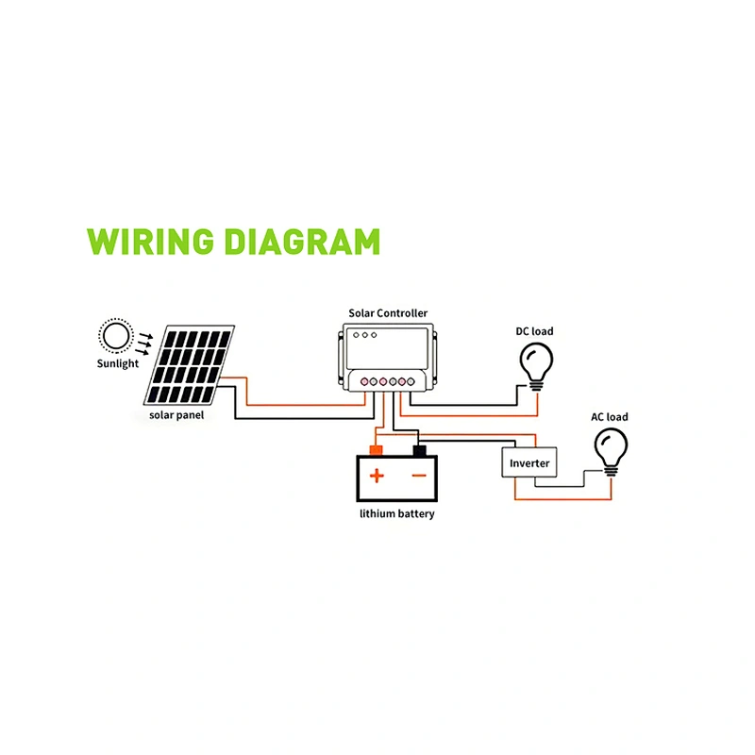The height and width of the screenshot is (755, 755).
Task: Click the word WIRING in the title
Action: (x=150, y=242)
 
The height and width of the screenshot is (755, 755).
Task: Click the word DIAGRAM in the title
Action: (x=302, y=242)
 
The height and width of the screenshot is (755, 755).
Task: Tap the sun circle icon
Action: (x=116, y=336)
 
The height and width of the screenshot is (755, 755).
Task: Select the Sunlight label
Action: (x=117, y=363)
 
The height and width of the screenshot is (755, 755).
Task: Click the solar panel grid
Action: (x=190, y=365)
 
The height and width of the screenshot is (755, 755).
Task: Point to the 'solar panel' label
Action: (x=176, y=415)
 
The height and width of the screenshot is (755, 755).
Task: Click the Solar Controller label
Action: (x=388, y=313)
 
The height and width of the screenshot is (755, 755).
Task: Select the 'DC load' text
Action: (x=534, y=331)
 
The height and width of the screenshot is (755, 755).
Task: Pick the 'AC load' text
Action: (x=610, y=417)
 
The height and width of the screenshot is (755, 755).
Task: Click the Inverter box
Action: (x=529, y=462)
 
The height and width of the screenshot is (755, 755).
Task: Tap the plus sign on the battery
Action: (x=377, y=476)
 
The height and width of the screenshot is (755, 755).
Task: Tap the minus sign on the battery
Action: (x=419, y=476)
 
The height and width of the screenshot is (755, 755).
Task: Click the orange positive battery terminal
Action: (x=376, y=451)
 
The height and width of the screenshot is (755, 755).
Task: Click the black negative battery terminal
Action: (x=419, y=451)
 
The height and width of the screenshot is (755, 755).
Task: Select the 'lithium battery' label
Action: (x=396, y=513)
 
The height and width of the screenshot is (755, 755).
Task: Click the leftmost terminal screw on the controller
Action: (x=364, y=382)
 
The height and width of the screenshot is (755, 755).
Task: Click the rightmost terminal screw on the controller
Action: (x=411, y=382)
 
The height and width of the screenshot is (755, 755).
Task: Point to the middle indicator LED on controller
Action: (x=365, y=335)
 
